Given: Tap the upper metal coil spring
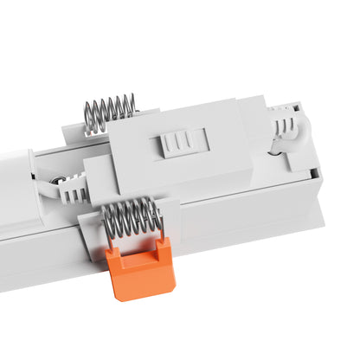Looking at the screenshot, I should coord(110,112).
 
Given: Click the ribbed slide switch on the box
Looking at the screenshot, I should coord(180,142).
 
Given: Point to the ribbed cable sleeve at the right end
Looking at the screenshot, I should coord(283,127).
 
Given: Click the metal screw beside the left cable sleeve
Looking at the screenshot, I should coord(58,183).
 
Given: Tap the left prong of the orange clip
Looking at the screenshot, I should coord(112,259).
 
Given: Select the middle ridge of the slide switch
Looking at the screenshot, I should coord(180,142).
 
